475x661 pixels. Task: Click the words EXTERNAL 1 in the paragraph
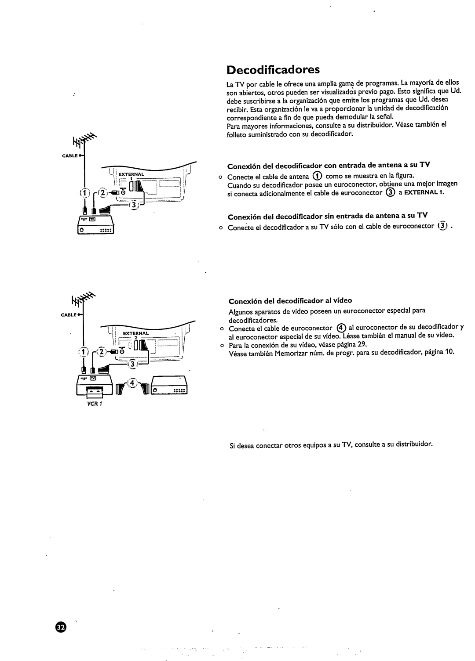point(426,192)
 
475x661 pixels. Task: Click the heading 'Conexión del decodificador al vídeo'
point(290,301)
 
